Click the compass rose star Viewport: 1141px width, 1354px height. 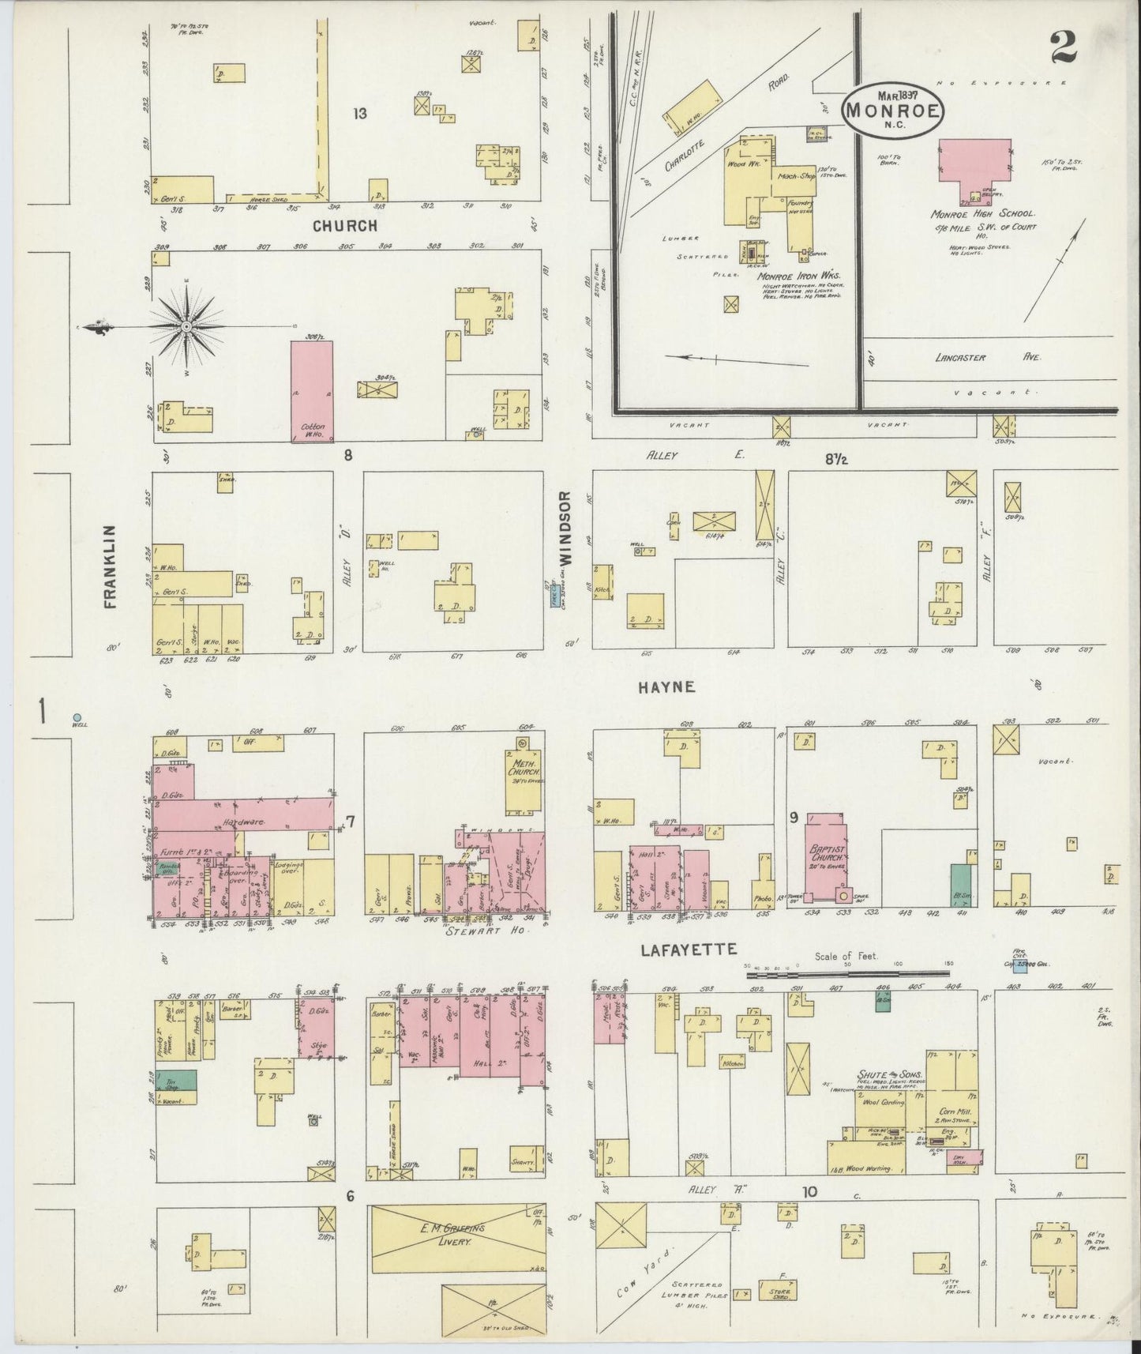pyautogui.click(x=186, y=326)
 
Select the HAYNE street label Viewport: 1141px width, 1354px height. pyautogui.click(x=667, y=687)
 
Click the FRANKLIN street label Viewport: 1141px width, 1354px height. pyautogui.click(x=109, y=566)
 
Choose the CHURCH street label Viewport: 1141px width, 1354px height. pyautogui.click(x=344, y=226)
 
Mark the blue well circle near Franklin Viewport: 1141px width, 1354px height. pyautogui.click(x=77, y=716)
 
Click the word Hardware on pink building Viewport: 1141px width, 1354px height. pyautogui.click(x=243, y=822)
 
